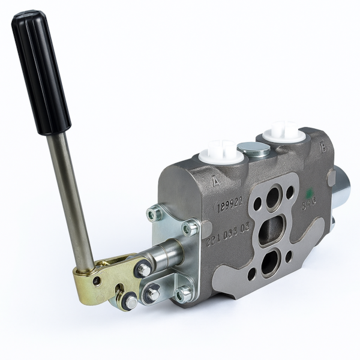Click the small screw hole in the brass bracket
click(97, 280)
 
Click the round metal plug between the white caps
click(253, 149)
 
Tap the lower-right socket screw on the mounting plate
click(184, 293)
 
